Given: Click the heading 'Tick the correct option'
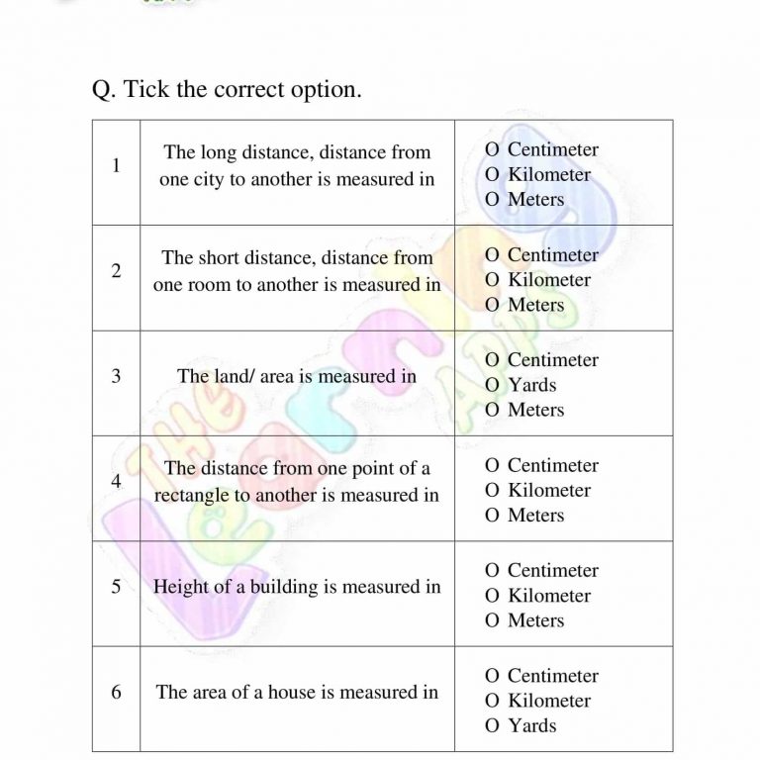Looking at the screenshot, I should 227,90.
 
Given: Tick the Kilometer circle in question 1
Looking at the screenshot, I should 492,175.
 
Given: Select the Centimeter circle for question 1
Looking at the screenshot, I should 492,150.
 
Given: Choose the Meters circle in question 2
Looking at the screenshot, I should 492,306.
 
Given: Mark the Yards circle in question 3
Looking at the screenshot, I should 492,386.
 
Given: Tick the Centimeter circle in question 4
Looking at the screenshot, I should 492,466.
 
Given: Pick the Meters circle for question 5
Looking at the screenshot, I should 492,621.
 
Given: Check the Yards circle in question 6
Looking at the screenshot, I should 492,726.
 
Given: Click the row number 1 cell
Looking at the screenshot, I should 116,165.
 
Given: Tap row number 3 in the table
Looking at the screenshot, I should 116,376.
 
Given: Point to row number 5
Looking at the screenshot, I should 116,587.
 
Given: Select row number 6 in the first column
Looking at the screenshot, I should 116,693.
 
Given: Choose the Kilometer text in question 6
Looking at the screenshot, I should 548,701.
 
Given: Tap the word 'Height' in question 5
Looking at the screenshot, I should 180,587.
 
